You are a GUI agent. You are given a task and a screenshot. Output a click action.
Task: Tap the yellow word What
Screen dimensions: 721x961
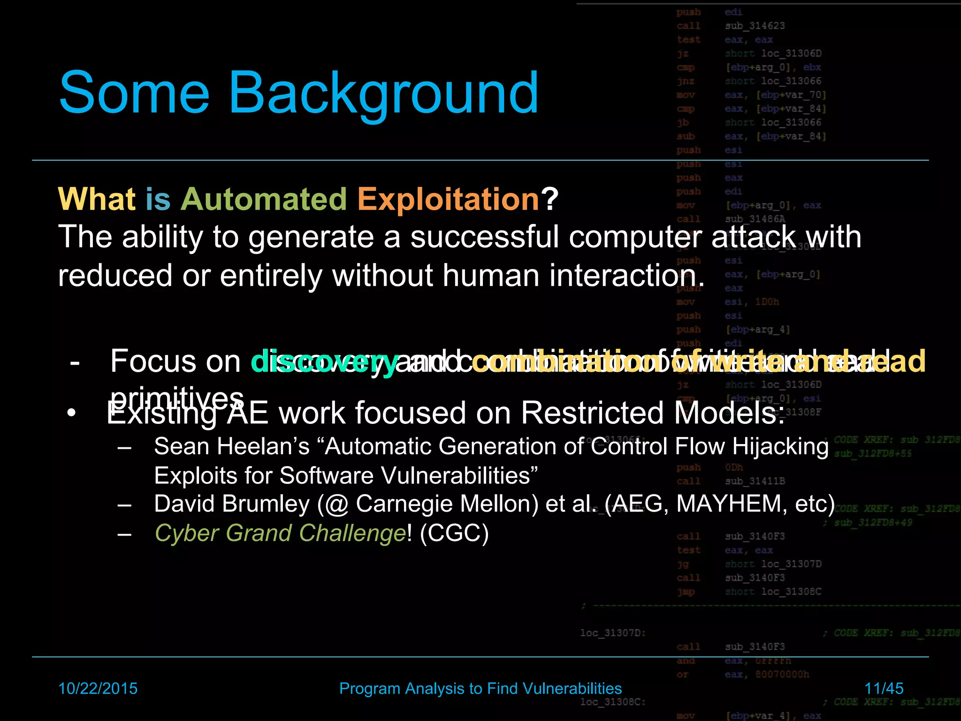pos(97,199)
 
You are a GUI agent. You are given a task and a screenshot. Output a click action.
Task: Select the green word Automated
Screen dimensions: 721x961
pos(264,199)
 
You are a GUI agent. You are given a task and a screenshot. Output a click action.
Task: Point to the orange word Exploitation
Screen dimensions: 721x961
pos(449,199)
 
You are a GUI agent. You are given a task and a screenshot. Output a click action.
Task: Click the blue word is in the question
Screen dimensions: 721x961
pos(158,199)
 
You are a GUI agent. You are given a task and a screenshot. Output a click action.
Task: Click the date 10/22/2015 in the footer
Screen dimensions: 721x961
pos(98,688)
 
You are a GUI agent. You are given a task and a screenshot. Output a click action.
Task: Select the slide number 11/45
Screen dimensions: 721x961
pos(884,688)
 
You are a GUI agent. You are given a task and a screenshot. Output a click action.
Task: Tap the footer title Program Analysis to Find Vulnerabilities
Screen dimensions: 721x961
pos(480,688)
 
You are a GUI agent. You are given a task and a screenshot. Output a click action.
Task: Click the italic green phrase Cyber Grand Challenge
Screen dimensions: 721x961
pos(280,533)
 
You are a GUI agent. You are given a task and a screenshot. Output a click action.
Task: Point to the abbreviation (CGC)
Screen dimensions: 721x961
pos(454,533)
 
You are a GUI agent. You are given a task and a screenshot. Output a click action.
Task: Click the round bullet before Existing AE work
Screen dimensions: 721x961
pos(71,414)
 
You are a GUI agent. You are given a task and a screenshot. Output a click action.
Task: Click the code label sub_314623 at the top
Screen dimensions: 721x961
pos(755,26)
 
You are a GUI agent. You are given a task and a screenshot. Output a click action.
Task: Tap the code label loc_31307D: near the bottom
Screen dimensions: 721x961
pos(613,633)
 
